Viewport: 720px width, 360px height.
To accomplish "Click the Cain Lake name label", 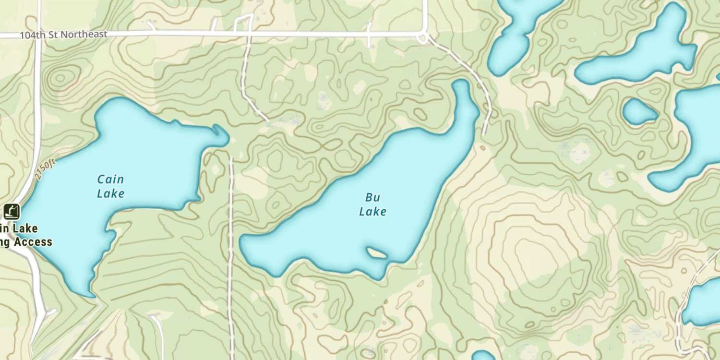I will [110, 186].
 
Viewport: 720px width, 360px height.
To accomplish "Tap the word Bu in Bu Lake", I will [372, 197].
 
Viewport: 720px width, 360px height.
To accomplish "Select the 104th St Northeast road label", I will [63, 35].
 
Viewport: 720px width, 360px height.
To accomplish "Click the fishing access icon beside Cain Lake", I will [12, 211].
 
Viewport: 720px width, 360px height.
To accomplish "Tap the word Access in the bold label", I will [33, 241].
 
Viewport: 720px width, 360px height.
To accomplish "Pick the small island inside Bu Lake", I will [377, 252].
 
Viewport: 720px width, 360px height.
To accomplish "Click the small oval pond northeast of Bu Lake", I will [639, 111].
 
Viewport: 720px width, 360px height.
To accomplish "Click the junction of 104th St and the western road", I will [38, 35].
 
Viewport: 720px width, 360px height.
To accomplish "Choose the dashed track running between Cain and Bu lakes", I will [231, 240].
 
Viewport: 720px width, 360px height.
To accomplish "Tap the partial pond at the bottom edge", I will [482, 356].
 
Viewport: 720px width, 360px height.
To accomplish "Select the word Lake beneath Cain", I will [110, 193].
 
